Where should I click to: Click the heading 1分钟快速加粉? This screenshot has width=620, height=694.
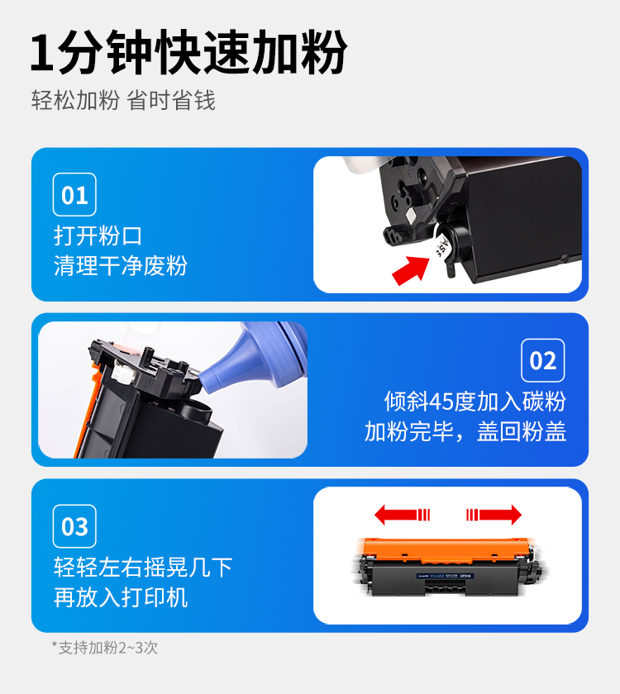coord(188,52)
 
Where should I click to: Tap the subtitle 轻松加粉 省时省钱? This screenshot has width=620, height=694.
coord(123,100)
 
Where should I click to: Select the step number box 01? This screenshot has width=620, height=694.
coord(74,195)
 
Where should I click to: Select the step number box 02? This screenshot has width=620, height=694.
coord(543,360)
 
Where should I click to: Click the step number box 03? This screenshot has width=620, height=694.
coord(74,526)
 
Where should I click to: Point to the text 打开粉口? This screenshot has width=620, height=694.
coord(98,235)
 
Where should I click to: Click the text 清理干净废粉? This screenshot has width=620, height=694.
coord(121,265)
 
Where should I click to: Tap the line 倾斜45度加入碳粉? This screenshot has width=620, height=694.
coord(475,402)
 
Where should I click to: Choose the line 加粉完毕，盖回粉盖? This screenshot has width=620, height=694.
coord(465,431)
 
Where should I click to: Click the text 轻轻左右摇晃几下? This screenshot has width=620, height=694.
coord(143,567)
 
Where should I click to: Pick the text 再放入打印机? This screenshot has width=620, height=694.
coord(121,597)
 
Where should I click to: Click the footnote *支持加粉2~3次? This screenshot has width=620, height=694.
coord(104,648)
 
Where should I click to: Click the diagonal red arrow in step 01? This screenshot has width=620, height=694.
coord(411,269)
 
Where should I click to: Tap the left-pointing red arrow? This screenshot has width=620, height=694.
coord(402,515)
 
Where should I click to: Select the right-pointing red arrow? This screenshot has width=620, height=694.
coord(494,515)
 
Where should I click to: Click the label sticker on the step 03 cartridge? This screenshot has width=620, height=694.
coord(446,576)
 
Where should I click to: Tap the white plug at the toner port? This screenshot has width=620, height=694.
coord(442,245)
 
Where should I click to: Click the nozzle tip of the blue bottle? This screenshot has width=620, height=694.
coord(203,381)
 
